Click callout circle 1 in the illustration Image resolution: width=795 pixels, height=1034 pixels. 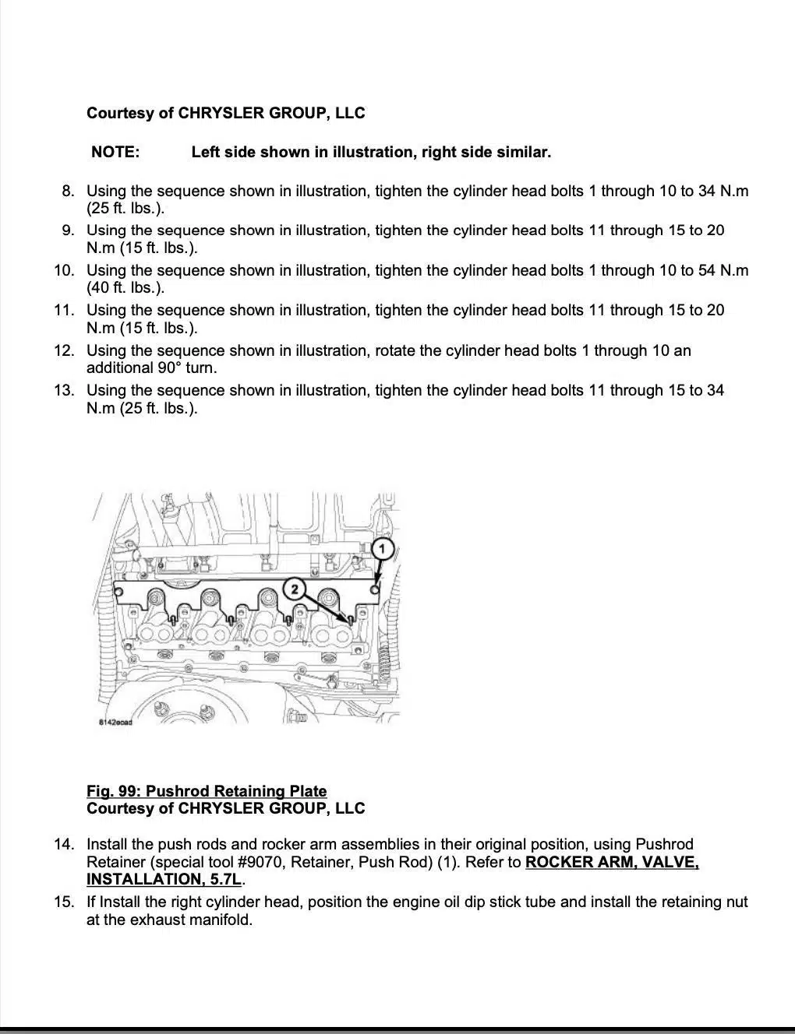coord(382,549)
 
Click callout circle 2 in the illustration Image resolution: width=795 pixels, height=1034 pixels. coord(294,589)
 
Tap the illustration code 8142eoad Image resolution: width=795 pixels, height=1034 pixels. coord(115,722)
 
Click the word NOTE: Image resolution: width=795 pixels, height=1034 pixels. coord(115,152)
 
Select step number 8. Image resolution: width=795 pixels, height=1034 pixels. coord(68,191)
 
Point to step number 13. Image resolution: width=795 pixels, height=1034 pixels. coord(64,390)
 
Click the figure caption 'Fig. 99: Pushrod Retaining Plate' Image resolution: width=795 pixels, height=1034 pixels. coord(207,791)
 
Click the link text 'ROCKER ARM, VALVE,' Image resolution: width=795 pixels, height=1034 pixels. coord(612,862)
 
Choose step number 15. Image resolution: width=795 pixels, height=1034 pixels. coord(64,902)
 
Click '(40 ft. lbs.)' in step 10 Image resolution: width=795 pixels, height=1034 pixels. coord(125,287)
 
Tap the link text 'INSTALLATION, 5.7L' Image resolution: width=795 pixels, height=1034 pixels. coord(164,879)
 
